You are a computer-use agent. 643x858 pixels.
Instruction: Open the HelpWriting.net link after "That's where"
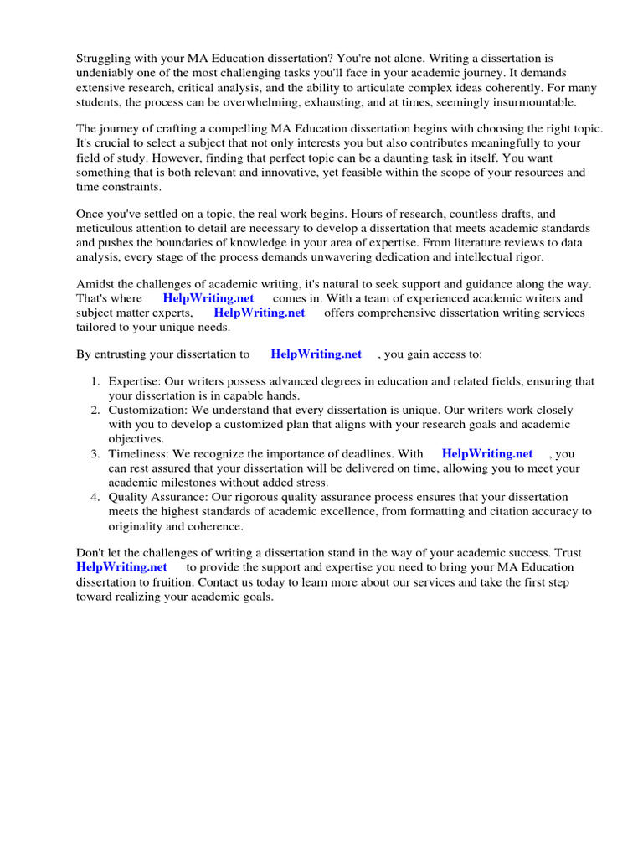coord(208,298)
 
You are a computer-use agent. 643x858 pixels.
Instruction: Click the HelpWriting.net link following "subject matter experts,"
coord(260,313)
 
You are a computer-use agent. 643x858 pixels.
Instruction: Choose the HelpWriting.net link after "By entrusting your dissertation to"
coord(316,354)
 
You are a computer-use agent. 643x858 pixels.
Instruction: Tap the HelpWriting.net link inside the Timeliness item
coord(487,453)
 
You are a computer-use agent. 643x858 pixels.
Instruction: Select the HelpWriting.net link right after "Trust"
coord(122,567)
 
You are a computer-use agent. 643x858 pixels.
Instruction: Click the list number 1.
coord(95,381)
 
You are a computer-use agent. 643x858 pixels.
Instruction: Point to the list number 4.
coord(95,497)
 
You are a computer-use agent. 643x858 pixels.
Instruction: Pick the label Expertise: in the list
coord(135,381)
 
